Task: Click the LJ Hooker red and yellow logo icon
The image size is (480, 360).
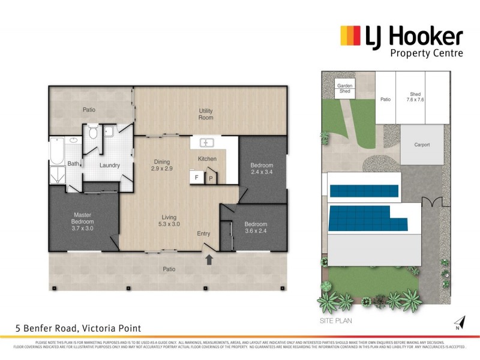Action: click(350, 36)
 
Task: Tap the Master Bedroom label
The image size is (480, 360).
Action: click(83, 221)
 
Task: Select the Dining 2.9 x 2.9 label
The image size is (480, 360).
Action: click(161, 166)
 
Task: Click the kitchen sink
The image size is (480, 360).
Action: click(207, 143)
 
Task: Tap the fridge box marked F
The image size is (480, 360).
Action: click(196, 177)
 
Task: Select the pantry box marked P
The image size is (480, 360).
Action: click(211, 178)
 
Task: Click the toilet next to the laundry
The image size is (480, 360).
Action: click(93, 133)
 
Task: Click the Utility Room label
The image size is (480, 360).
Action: click(206, 114)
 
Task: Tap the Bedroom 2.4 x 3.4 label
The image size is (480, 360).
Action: click(262, 169)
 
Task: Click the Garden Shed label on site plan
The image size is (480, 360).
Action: click(344, 89)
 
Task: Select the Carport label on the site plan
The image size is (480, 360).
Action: click(422, 145)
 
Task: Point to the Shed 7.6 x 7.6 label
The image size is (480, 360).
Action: click(416, 97)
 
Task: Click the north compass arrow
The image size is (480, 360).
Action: click(460, 323)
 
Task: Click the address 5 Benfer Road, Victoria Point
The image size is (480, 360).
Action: click(79, 328)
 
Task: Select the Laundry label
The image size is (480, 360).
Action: click(110, 165)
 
